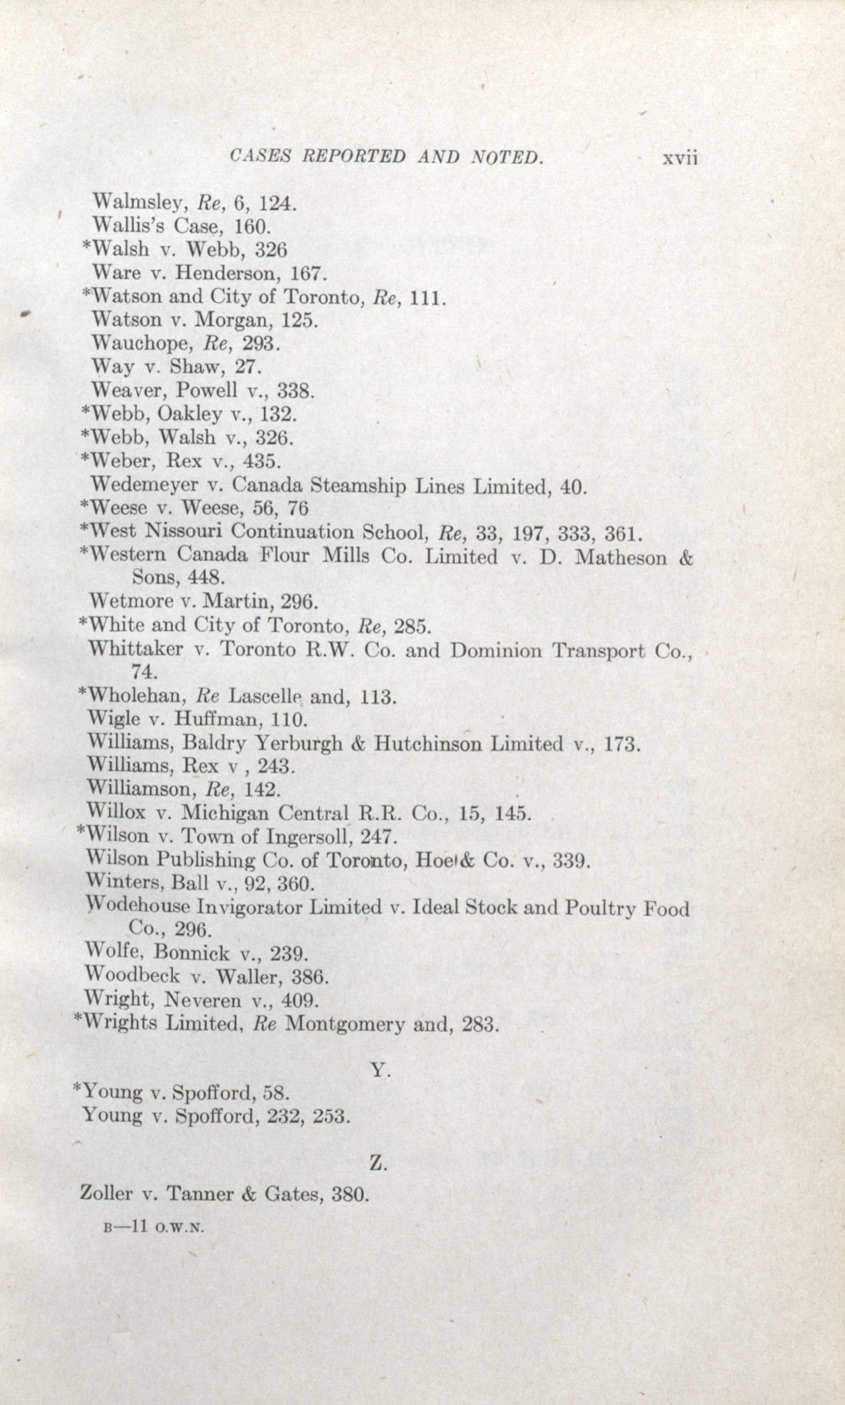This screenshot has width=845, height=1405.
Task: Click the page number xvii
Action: [679, 159]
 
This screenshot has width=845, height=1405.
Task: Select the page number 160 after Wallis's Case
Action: [251, 227]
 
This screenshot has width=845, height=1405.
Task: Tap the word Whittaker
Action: [135, 649]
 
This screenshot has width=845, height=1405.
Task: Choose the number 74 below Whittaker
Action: [144, 672]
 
